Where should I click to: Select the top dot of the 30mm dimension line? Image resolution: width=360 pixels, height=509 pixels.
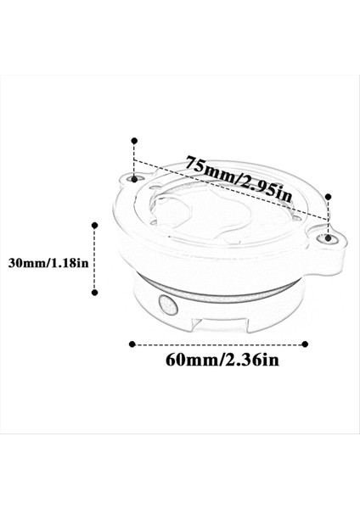94,225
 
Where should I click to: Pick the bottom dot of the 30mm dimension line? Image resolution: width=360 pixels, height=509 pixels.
94,293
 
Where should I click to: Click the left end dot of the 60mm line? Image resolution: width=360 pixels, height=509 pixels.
132,344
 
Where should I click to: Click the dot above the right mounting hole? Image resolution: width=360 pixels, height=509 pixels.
329,194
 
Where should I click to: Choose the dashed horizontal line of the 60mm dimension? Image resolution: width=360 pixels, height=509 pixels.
219,344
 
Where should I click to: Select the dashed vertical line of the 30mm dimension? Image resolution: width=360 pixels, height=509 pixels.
94,259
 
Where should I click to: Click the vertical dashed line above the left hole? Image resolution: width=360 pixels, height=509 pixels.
132,159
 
